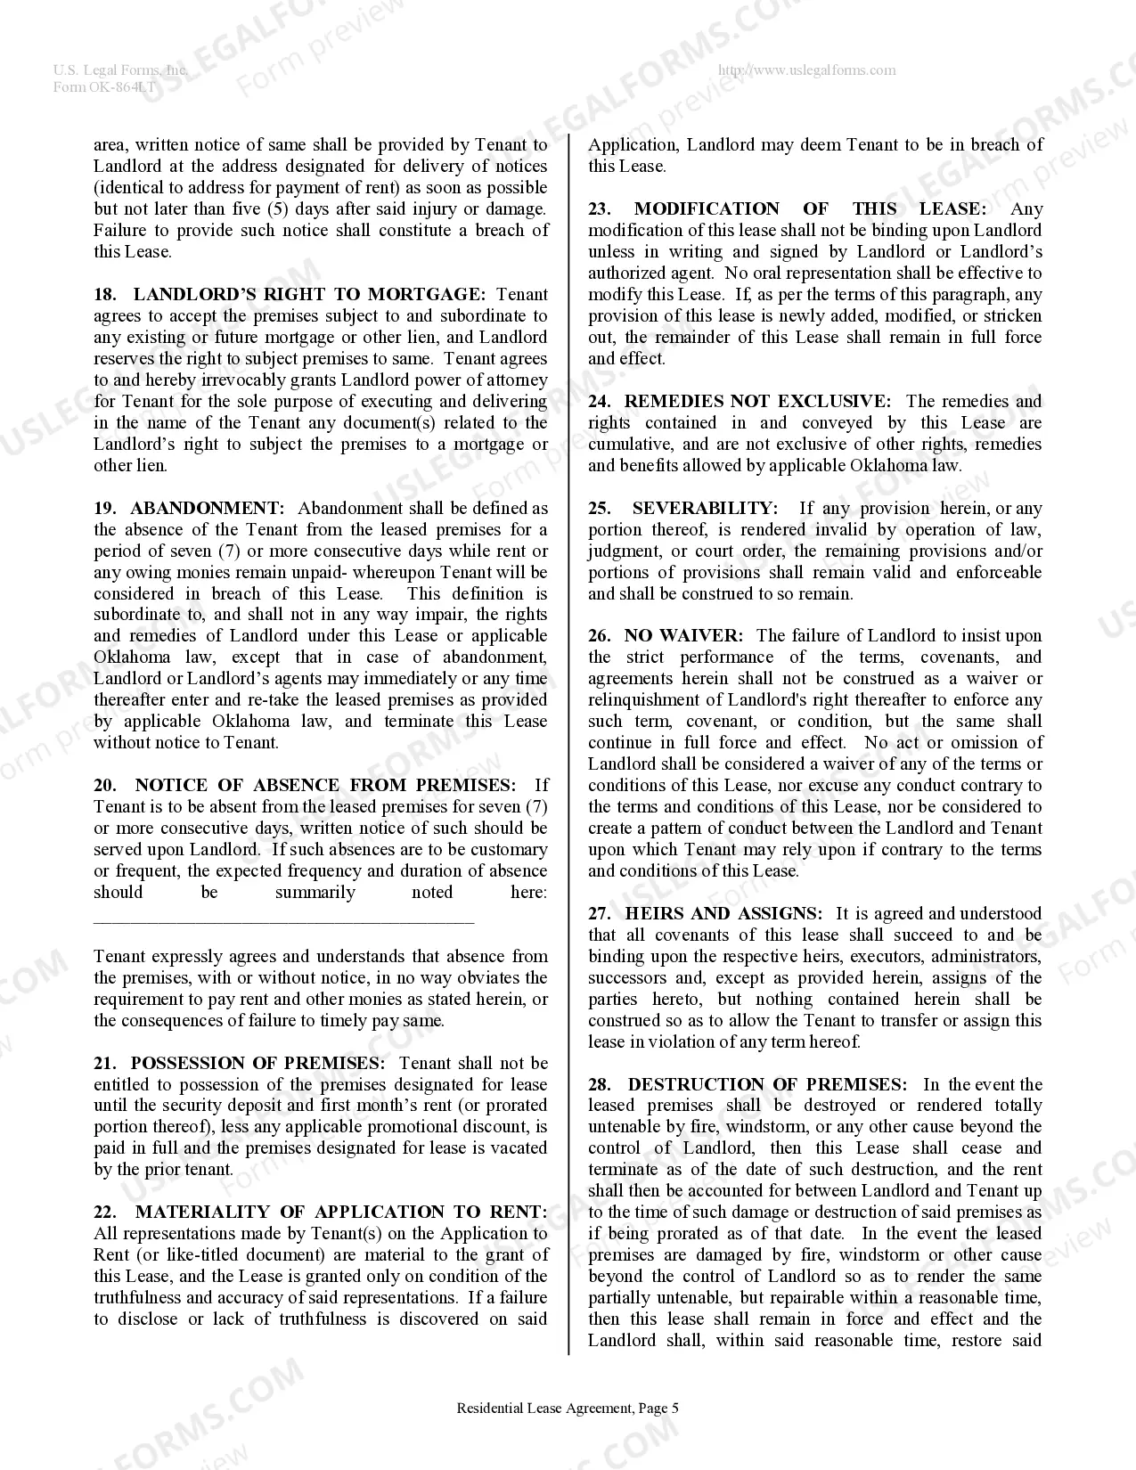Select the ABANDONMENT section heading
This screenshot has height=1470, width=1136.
207,508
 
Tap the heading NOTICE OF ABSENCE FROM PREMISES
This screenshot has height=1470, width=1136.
325,785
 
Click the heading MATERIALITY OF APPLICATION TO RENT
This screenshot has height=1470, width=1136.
341,1212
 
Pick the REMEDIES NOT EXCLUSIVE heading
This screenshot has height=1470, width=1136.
756,401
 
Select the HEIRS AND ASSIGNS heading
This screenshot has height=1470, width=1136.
723,913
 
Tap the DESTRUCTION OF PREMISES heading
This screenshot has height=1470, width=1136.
767,1084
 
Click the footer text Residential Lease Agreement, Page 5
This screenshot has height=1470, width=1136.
568,1409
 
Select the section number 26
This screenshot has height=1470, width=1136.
599,635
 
